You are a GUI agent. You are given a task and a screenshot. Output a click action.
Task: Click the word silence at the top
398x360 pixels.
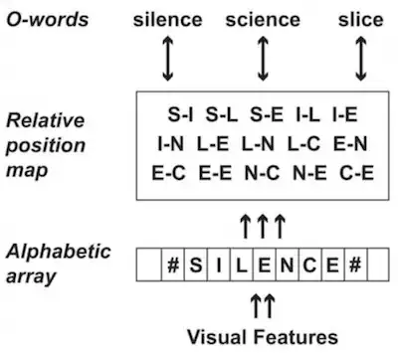pyautogui.click(x=167, y=20)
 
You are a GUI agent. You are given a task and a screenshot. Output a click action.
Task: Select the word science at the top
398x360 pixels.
pyautogui.click(x=263, y=20)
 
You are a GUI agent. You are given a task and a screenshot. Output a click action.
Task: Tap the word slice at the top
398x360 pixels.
pyautogui.click(x=361, y=20)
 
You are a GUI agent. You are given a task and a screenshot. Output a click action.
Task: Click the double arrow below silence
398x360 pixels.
pyautogui.click(x=168, y=59)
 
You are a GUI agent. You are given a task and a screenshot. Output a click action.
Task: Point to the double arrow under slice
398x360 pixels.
pyautogui.click(x=361, y=59)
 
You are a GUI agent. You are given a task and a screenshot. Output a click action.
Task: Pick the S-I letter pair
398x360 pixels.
pyautogui.click(x=180, y=114)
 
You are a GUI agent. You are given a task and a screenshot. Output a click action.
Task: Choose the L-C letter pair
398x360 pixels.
pyautogui.click(x=303, y=144)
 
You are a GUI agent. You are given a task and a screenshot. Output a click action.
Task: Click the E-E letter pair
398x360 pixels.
pyautogui.click(x=215, y=173)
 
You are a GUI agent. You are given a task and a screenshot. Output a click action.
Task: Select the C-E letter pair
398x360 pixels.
pyautogui.click(x=357, y=173)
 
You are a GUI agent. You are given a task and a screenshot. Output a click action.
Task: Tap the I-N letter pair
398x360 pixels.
pyautogui.click(x=170, y=144)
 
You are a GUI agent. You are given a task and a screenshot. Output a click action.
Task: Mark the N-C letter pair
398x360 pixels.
pyautogui.click(x=262, y=173)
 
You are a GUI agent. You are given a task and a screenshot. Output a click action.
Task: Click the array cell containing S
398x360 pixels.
pyautogui.click(x=196, y=265)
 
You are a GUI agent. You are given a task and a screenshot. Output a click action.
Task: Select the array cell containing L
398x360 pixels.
pyautogui.click(x=242, y=265)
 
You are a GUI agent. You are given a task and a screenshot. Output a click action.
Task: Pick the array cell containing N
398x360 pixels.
pyautogui.click(x=288, y=265)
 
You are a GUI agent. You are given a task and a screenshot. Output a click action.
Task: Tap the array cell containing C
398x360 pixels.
pyautogui.click(x=310, y=265)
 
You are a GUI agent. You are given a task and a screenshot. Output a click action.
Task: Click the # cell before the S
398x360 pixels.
pyautogui.click(x=173, y=265)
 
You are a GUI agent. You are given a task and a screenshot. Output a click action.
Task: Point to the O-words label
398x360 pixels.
pyautogui.click(x=48, y=20)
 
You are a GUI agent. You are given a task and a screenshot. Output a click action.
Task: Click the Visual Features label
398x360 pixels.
pyautogui.click(x=263, y=337)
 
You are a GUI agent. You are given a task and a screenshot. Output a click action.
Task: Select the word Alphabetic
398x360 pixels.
pyautogui.click(x=59, y=252)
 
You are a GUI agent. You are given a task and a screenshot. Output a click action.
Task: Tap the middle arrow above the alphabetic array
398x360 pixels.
pyautogui.click(x=263, y=227)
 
